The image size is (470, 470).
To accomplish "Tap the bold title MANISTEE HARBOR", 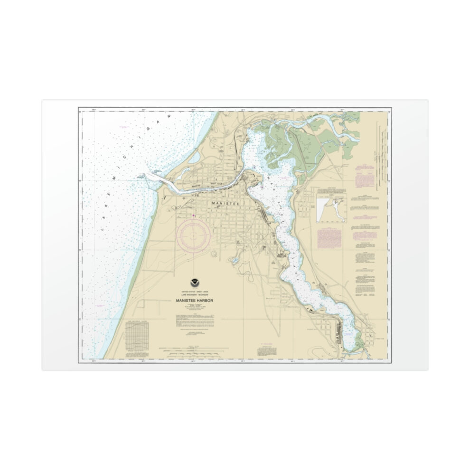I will click(192, 301).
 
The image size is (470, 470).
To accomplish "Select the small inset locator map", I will click(332, 208).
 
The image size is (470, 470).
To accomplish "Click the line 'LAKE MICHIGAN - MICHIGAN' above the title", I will click(191, 295).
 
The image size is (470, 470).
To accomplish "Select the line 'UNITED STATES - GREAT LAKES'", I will click(191, 291).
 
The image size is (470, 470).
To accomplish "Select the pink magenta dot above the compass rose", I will click(193, 216).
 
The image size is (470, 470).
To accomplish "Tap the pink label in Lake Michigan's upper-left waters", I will click(124, 127).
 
